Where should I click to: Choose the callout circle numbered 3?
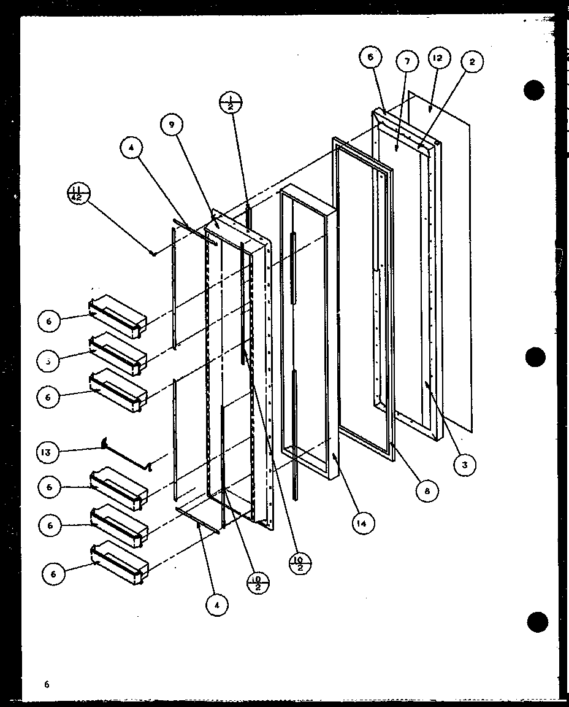pos(465,465)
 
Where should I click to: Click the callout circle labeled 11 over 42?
pos(79,195)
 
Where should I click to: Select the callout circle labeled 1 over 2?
pos(231,103)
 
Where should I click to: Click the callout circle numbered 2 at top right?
pos(473,61)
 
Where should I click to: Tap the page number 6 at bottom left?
pos(47,683)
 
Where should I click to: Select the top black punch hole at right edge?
pos(535,90)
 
